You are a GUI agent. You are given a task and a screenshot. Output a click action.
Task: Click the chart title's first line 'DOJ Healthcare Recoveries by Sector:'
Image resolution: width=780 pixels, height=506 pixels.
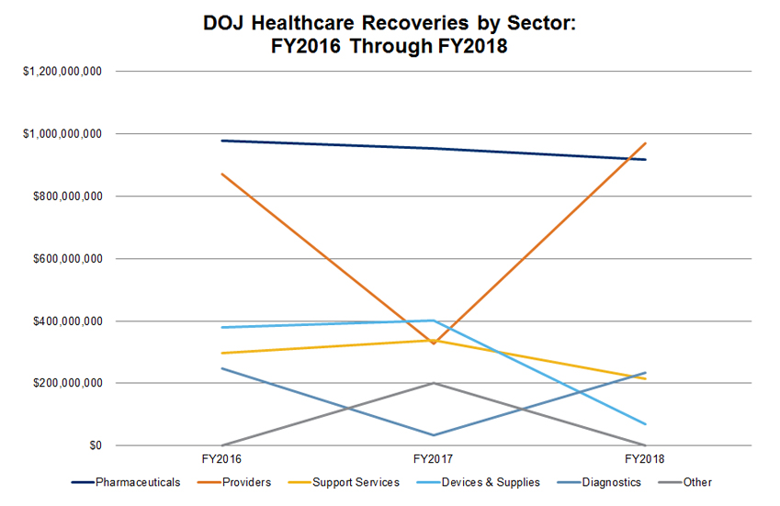click(x=390, y=25)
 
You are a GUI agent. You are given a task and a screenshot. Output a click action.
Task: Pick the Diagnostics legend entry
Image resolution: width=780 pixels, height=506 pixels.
click(x=609, y=482)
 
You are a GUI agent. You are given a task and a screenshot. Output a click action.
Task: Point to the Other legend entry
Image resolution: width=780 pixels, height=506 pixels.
click(x=696, y=482)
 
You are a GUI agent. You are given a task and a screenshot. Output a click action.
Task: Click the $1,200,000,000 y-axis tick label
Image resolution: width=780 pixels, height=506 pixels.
click(x=62, y=72)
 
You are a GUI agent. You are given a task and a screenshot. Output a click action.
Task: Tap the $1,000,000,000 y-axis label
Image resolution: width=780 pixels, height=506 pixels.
click(x=62, y=134)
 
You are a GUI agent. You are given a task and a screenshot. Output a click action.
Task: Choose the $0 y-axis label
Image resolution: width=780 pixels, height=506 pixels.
click(x=95, y=446)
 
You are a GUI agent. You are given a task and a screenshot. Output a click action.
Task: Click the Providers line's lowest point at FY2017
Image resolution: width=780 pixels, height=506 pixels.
click(x=434, y=343)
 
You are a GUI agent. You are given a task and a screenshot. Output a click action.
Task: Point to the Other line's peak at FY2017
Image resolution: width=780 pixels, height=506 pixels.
click(x=434, y=383)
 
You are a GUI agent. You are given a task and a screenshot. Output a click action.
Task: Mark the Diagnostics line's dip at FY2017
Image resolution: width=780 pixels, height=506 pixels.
click(x=434, y=435)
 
